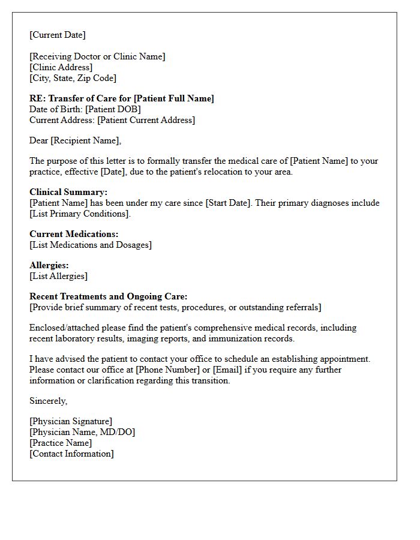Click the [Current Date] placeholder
click(58, 35)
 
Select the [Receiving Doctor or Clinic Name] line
click(97, 56)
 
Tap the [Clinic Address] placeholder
click(61, 67)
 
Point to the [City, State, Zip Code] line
click(73, 78)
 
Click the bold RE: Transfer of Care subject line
click(122, 98)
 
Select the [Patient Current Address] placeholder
click(146, 120)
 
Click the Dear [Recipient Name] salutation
click(75, 140)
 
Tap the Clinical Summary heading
click(68, 192)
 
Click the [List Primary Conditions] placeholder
click(79, 214)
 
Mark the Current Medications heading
click(74, 234)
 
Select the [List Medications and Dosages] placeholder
click(91, 245)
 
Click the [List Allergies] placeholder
click(58, 276)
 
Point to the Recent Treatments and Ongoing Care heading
click(109, 296)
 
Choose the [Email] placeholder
click(227, 370)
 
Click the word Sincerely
click(48, 401)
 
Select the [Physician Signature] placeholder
click(71, 421)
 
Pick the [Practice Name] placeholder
click(61, 443)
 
